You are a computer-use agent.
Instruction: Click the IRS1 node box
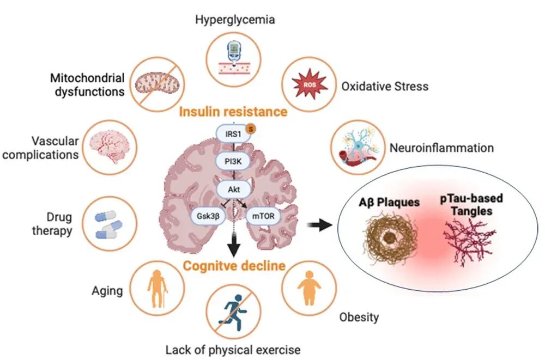pos(233,133)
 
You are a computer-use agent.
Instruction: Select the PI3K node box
pos(233,162)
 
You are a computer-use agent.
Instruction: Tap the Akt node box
pos(233,190)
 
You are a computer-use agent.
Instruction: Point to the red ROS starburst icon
pos(309,83)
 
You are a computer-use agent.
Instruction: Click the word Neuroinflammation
pos(441,148)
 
